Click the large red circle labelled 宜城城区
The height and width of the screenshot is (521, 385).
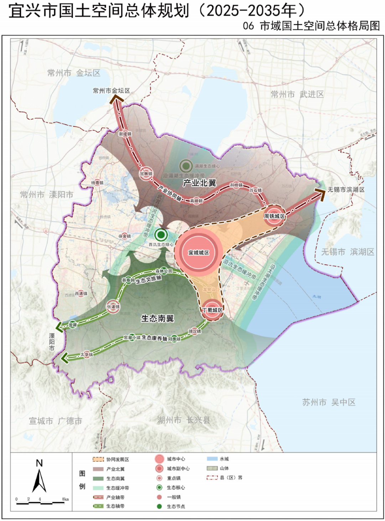point(199,252)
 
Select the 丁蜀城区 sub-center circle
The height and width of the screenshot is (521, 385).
point(213,310)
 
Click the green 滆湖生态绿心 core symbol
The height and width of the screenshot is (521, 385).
point(186,166)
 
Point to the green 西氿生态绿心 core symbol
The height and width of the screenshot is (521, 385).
point(161,234)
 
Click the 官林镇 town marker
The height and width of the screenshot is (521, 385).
point(146,174)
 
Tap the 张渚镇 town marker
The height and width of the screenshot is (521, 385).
point(113,306)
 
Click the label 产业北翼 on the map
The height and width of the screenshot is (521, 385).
point(199,183)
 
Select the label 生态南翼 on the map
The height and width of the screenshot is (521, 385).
point(157,318)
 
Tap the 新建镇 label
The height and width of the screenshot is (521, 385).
point(125,134)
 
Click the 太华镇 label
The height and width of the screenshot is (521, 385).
point(87,355)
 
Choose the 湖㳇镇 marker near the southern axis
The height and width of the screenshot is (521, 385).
point(195,331)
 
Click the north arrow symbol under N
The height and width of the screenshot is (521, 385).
point(39,481)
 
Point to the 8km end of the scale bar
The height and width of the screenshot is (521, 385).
point(64,503)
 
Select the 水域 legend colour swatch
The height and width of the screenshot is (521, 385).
point(212,459)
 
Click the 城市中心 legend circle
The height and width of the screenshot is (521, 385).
point(159,459)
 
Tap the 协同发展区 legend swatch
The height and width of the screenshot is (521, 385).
point(98,460)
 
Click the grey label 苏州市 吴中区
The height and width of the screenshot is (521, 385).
point(329,402)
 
